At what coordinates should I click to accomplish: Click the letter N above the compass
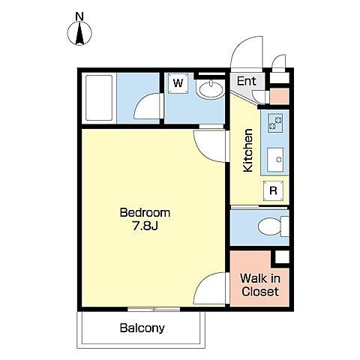[79, 16]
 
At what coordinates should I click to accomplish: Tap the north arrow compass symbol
[79, 33]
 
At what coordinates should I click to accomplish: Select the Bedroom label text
[145, 213]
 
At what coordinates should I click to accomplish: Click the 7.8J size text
[145, 226]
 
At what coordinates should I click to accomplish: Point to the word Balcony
[142, 328]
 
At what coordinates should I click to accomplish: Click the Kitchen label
[248, 151]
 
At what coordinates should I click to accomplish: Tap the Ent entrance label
[247, 81]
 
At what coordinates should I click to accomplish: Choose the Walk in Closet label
[260, 285]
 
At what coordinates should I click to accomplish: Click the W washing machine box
[178, 83]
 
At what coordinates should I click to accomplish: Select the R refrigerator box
[273, 190]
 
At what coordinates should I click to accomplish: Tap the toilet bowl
[273, 226]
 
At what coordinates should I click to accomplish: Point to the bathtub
[99, 98]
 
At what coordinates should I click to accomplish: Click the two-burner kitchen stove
[275, 123]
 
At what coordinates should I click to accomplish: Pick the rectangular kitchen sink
[275, 160]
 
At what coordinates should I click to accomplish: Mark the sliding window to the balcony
[154, 309]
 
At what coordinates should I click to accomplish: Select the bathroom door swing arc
[148, 106]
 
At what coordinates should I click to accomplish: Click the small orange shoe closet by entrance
[280, 96]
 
